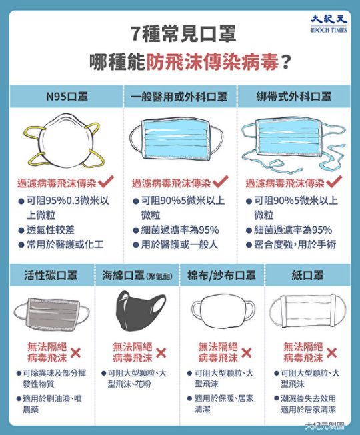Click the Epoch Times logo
click(x=329, y=24)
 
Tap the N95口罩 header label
click(x=67, y=97)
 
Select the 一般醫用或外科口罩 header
click(x=179, y=97)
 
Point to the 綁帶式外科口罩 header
click(x=294, y=97)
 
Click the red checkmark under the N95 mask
click(x=105, y=182)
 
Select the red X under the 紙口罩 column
click(x=331, y=353)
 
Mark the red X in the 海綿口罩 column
click(x=161, y=353)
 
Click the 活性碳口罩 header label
click(x=51, y=275)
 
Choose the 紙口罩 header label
click(x=307, y=275)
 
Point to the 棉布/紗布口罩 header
click(x=221, y=275)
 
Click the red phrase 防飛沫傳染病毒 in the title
click(x=212, y=63)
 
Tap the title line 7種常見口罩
click(x=183, y=33)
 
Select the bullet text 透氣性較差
click(x=51, y=230)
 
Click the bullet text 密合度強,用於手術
click(x=295, y=244)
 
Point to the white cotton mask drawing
click(x=223, y=311)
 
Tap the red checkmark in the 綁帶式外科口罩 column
click(x=334, y=182)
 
